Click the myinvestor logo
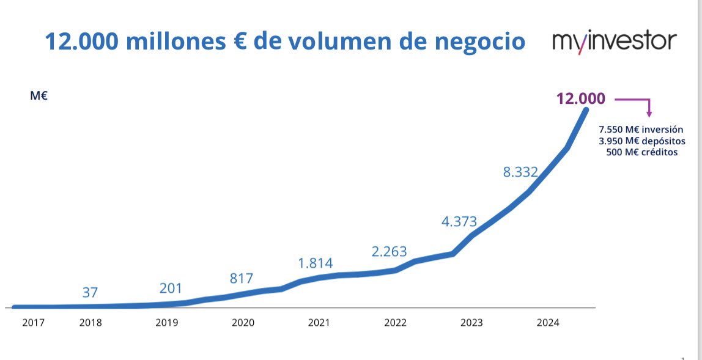click(614, 42)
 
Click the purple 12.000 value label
click(580, 98)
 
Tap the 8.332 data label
click(520, 172)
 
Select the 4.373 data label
click(459, 222)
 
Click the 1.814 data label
click(315, 263)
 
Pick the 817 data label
click(242, 278)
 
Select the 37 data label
click(90, 293)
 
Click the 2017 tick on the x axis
click(33, 323)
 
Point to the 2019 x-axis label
click(167, 323)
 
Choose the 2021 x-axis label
click(319, 323)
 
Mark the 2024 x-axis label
click(547, 323)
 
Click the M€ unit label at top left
click(39, 96)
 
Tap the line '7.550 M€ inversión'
click(641, 130)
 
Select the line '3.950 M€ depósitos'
click(641, 141)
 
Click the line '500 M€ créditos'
click(641, 152)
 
